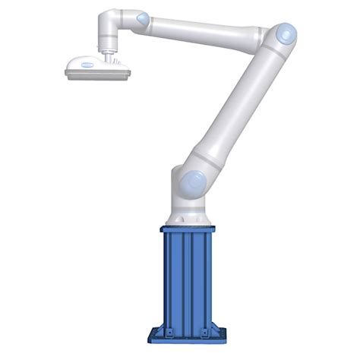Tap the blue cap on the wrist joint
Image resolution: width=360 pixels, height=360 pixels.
141,17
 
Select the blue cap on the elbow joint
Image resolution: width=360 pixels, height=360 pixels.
285,33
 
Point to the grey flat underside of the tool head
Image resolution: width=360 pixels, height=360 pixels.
97,74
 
